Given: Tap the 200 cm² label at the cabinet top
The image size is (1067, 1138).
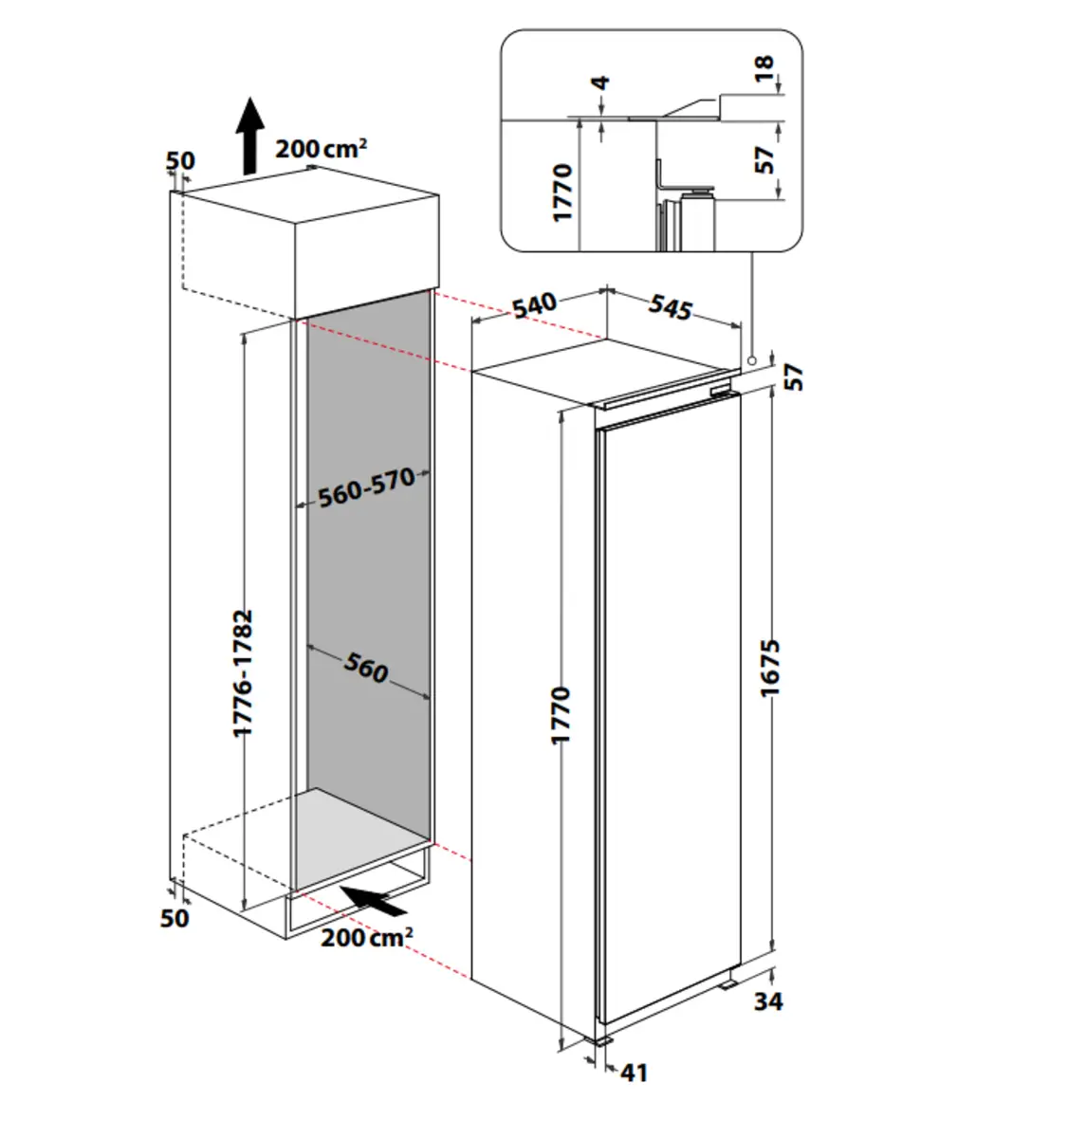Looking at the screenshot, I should click(x=321, y=149).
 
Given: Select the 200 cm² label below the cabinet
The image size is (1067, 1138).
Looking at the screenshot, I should click(x=366, y=937).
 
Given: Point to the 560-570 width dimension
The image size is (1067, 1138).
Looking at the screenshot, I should click(x=366, y=487).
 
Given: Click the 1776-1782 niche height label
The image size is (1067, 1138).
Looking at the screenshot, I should click(x=244, y=672).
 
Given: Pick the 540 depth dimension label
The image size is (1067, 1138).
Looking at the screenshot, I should click(x=535, y=305).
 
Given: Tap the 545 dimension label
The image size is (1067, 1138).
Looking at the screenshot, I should click(x=671, y=307).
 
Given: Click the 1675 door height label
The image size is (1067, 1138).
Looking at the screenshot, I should click(x=769, y=668).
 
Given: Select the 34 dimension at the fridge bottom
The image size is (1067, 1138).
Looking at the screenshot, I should click(x=768, y=1000).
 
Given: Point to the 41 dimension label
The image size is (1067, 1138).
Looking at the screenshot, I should click(x=634, y=1073).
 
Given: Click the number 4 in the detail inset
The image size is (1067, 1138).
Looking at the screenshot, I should click(x=599, y=83).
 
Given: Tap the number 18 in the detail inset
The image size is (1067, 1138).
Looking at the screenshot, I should click(x=763, y=68).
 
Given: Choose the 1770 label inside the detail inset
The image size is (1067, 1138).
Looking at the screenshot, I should click(x=563, y=193).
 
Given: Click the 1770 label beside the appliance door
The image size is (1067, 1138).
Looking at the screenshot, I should click(x=561, y=715).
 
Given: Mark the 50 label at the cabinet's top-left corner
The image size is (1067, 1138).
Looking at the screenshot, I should click(x=180, y=160).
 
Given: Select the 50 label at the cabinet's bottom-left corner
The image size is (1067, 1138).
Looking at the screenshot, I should click(x=175, y=918).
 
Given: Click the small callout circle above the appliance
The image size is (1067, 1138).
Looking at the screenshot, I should click(x=750, y=360).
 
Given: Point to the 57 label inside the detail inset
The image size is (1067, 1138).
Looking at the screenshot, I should click(x=764, y=157).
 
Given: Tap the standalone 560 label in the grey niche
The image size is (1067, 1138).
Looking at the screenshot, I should click(x=366, y=668).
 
